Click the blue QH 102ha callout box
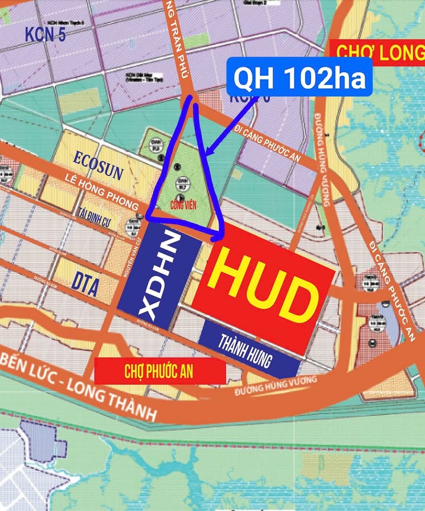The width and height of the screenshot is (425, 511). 300,77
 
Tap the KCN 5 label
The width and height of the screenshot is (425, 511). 45,34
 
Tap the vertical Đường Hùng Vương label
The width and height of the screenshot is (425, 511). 322,160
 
